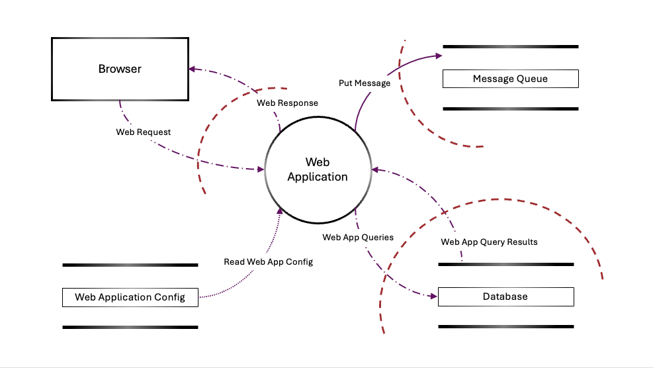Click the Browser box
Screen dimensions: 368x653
click(x=120, y=69)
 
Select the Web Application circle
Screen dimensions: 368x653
click(x=318, y=169)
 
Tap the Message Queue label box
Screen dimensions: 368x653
click(x=510, y=79)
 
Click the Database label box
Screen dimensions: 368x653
click(x=505, y=297)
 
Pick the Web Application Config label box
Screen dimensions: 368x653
click(x=130, y=297)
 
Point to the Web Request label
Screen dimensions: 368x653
click(x=144, y=132)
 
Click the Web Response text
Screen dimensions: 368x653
click(x=287, y=103)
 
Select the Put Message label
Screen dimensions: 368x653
click(x=365, y=83)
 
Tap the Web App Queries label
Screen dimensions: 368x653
click(x=358, y=237)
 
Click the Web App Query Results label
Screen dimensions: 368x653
click(x=489, y=242)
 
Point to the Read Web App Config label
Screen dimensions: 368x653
click(x=268, y=262)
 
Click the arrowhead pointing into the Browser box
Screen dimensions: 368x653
click(x=191, y=68)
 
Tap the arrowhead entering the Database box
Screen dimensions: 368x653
click(x=434, y=296)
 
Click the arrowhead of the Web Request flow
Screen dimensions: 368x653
click(x=260, y=170)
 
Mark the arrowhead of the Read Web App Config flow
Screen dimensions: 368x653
click(x=281, y=211)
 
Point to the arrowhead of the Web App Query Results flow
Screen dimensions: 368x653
click(x=375, y=170)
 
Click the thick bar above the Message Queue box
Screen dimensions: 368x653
click(x=510, y=47)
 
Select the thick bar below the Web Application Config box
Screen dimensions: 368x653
click(x=130, y=327)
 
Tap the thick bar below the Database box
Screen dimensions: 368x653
click(x=505, y=326)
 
